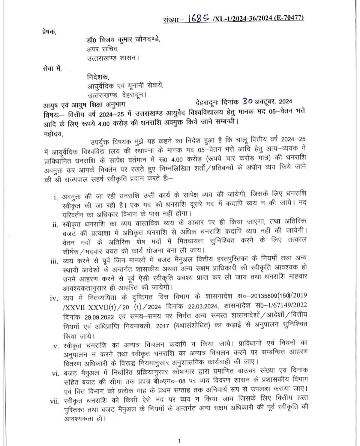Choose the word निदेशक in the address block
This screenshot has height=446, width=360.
[x=98, y=78]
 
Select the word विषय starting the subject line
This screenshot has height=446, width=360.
[x=51, y=114]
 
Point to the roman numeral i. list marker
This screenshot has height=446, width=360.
[x=56, y=198]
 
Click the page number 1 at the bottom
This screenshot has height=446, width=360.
[x=179, y=441]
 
